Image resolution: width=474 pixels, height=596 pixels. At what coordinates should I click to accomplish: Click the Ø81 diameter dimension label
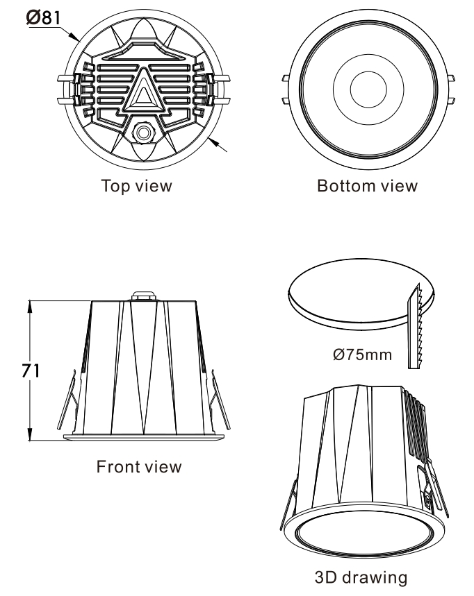pyautogui.click(x=43, y=17)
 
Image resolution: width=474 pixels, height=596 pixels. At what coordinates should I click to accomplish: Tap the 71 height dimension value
pyautogui.click(x=31, y=371)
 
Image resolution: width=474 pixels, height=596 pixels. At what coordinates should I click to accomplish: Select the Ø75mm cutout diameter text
pyautogui.click(x=362, y=355)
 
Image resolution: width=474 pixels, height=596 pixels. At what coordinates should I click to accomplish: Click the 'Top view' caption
pyautogui.click(x=137, y=186)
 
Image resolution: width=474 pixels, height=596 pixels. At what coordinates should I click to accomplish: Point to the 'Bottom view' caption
pyautogui.click(x=367, y=186)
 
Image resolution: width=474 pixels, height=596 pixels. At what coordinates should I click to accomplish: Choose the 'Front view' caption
pyautogui.click(x=139, y=466)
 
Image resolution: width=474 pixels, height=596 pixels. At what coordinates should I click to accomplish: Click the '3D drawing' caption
pyautogui.click(x=361, y=577)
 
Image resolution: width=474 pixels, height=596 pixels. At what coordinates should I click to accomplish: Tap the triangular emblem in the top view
pyautogui.click(x=142, y=90)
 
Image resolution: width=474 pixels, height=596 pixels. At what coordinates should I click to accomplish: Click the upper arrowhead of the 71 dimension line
pyautogui.click(x=30, y=307)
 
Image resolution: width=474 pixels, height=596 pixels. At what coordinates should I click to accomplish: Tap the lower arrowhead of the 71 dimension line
pyautogui.click(x=30, y=434)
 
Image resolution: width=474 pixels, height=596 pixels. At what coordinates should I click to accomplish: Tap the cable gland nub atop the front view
pyautogui.click(x=144, y=296)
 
